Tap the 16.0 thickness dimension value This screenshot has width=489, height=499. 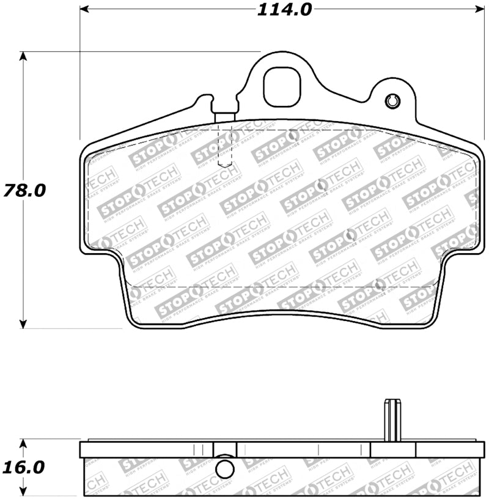[24, 468]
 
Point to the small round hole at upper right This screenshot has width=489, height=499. [392, 101]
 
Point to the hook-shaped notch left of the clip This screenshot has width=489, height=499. [205, 100]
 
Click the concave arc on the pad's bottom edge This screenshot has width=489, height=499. [281, 317]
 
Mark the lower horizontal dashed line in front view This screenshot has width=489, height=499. [281, 287]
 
